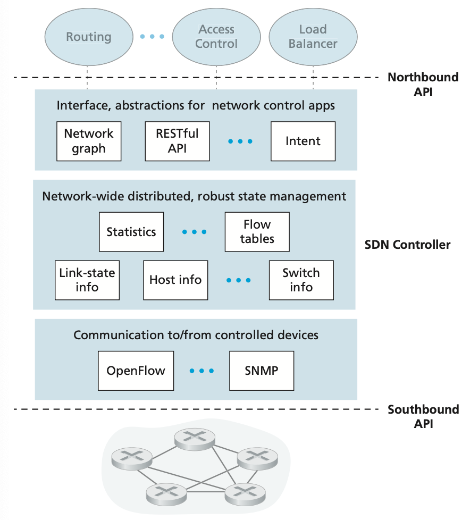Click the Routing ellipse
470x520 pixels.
click(89, 37)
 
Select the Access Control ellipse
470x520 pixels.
click(216, 37)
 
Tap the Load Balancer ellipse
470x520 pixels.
click(313, 37)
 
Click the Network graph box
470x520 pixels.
click(89, 141)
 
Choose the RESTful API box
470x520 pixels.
click(177, 141)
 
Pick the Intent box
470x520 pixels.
click(303, 141)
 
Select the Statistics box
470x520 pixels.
click(131, 232)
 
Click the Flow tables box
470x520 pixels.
click(257, 232)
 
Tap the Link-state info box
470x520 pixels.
click(87, 280)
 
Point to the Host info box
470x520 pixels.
click(175, 280)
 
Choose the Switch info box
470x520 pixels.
click(301, 280)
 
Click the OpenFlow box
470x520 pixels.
click(136, 370)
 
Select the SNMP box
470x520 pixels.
click(262, 370)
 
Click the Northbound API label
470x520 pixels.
click(423, 84)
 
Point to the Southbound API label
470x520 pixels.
click(423, 416)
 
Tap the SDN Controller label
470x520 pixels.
click(407, 245)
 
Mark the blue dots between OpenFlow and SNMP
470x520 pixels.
click(202, 371)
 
